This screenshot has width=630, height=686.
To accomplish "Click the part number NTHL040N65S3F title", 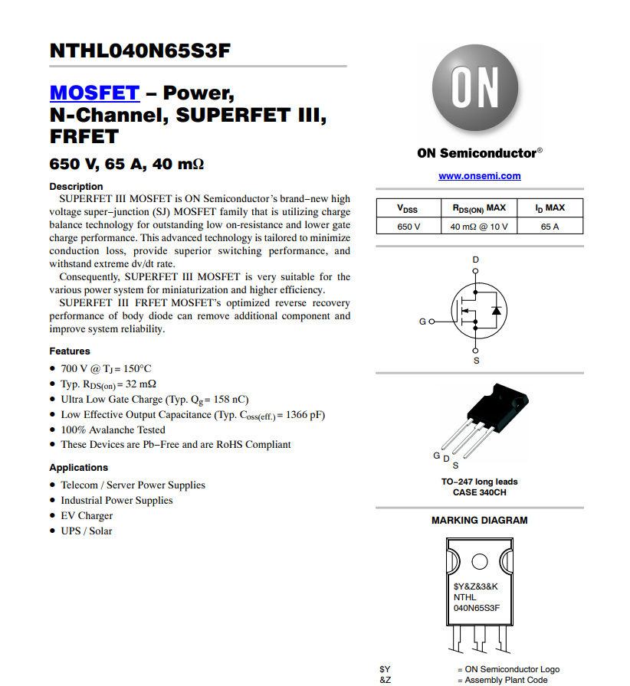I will [x=140, y=51].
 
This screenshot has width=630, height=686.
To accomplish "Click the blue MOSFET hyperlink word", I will [x=94, y=93].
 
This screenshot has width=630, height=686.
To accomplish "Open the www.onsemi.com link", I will [x=479, y=176].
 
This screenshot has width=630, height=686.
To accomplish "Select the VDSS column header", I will [x=407, y=208].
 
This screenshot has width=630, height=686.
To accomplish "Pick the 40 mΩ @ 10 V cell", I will [x=478, y=227].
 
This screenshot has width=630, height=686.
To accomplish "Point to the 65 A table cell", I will [x=550, y=227].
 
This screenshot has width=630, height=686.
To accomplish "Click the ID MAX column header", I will [x=550, y=208].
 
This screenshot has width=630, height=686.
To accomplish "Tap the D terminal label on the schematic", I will [x=475, y=260].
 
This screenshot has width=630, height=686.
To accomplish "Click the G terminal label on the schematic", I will [x=422, y=322].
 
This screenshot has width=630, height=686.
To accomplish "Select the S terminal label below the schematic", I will [x=476, y=361].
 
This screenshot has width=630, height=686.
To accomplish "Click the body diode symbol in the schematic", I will [x=495, y=311].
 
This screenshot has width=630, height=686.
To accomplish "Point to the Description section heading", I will [x=76, y=187].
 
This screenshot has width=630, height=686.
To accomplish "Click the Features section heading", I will [x=70, y=351].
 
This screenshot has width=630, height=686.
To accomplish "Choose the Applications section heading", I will [x=78, y=468].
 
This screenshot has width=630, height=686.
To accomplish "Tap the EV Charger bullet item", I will [x=87, y=515].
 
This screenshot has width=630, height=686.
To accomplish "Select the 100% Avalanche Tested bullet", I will [x=113, y=430].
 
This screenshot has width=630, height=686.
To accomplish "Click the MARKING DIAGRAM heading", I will [x=479, y=521].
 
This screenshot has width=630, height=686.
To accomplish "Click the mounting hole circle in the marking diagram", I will [x=479, y=562].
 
